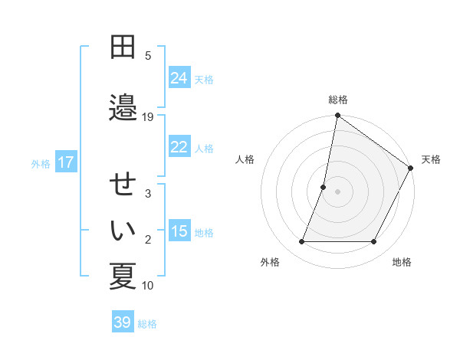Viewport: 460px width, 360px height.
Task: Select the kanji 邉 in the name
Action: click(x=123, y=108)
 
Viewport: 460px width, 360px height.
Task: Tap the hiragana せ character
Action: click(x=123, y=187)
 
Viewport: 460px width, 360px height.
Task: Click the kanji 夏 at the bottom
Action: click(x=123, y=276)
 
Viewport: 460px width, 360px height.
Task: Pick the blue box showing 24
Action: click(x=179, y=78)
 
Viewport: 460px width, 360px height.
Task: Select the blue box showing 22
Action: click(x=179, y=148)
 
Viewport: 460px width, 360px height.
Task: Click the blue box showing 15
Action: click(x=179, y=232)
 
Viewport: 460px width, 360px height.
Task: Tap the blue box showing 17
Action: click(x=66, y=162)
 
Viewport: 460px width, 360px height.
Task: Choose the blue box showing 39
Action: click(x=123, y=322)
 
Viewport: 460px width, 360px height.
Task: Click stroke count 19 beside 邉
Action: click(x=148, y=116)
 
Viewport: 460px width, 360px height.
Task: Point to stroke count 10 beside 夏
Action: click(x=148, y=286)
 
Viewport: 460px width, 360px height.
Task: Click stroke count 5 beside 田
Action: click(x=148, y=55)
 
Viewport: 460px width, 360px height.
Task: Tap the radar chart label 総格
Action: click(x=338, y=100)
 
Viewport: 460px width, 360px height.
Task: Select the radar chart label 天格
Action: click(x=431, y=159)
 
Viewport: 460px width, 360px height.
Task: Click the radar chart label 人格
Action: click(x=245, y=159)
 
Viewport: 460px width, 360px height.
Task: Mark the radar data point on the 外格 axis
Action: click(x=301, y=242)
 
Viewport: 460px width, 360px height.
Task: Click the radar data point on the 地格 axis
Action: click(x=374, y=242)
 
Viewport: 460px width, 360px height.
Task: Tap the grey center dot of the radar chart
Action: click(x=337, y=191)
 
